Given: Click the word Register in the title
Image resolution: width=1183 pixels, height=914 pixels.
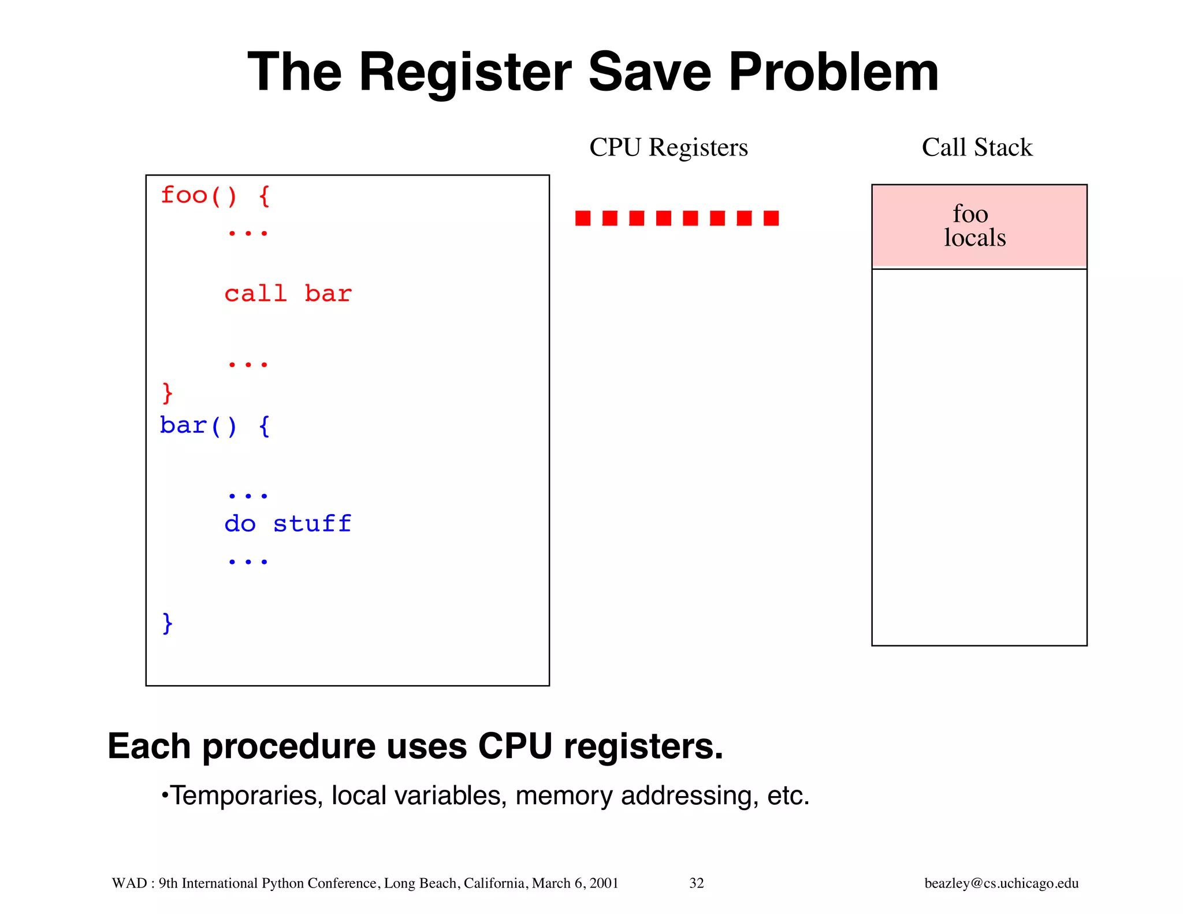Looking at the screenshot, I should pos(465,72).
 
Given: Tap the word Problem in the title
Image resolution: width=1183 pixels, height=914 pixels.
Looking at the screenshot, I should pos(833,72).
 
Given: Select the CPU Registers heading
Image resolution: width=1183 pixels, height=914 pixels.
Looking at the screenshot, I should pos(668,147).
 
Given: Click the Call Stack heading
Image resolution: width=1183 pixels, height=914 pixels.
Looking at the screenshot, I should pos(977,147).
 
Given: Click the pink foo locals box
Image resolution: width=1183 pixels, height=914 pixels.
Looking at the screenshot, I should pos(979,226).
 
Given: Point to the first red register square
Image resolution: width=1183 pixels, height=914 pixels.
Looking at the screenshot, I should pos(583,218).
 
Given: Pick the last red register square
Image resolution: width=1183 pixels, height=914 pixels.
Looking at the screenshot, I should pos(771,218).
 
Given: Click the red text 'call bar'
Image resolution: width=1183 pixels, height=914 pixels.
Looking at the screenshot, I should pos(288,294).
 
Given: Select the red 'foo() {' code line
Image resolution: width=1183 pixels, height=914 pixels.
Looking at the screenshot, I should pos(215,196).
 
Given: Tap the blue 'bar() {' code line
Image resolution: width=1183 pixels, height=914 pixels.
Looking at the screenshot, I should pos(215,426).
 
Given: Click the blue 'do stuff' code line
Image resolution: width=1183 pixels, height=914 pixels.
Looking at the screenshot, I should pos(288,524).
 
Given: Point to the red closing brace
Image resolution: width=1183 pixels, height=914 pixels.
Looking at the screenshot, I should pos(168,393).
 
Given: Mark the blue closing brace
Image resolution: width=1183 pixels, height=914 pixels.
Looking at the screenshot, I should pos(168,623).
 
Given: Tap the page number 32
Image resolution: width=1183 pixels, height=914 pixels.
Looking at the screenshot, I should pos(697,883).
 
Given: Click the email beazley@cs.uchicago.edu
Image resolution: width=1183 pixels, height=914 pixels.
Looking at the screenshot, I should pos(1001,883).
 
